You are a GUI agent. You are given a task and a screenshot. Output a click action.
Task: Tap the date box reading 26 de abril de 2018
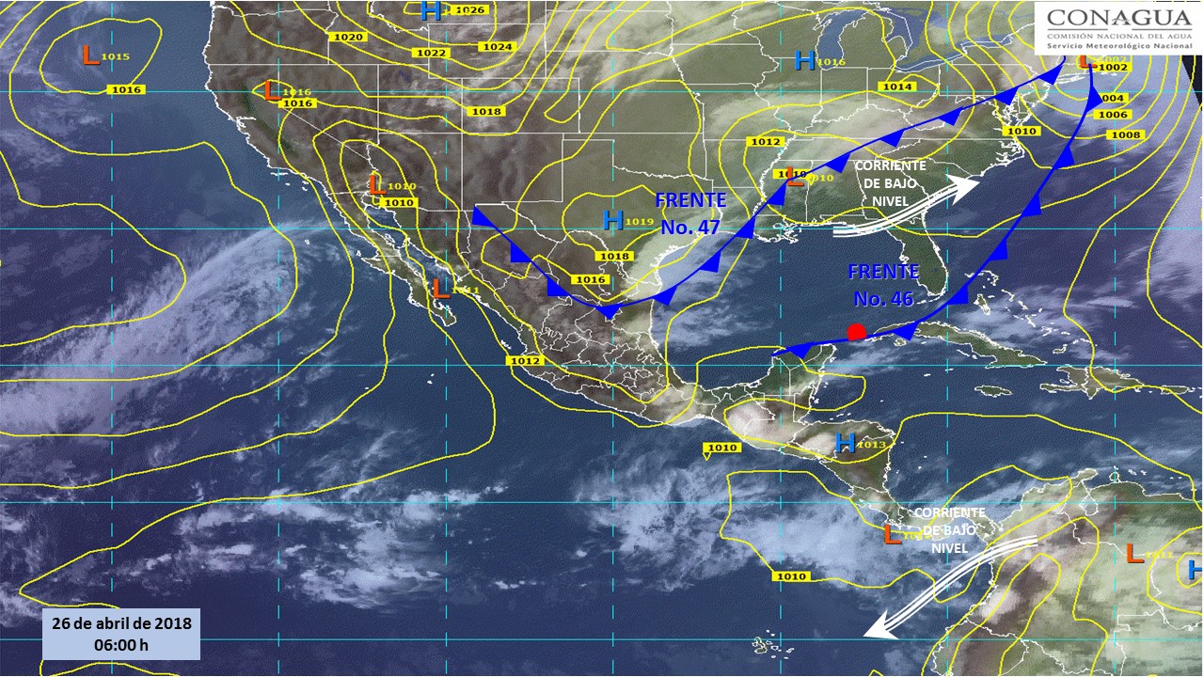coord(120,633)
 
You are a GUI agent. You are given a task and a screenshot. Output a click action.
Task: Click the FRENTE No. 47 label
coord(690,213)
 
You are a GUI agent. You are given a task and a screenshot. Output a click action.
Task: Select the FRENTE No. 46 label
coord(883,284)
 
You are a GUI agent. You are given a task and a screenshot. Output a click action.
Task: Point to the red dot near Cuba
coord(856,332)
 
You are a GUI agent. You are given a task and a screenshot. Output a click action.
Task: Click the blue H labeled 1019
coord(613,221)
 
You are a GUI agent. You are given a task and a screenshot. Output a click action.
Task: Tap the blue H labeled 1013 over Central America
coord(845,442)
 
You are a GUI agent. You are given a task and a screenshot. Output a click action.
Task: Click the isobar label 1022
coord(430,53)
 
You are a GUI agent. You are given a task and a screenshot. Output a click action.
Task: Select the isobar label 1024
coord(496,47)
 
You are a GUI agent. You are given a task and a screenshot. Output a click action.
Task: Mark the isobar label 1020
coord(348,37)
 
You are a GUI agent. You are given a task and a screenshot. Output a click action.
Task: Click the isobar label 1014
coord(897,87)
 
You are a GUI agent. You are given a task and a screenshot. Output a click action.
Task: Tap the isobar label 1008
coord(1125,134)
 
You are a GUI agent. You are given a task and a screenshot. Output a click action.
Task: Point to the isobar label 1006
coord(1113,115)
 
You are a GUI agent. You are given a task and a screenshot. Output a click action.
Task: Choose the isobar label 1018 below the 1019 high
coord(614,256)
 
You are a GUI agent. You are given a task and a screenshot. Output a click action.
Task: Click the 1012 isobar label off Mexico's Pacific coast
coord(524,361)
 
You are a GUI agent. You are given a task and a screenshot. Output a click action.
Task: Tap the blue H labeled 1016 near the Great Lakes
coord(805,61)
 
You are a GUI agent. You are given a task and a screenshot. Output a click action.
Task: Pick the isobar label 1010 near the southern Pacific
coord(791,575)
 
